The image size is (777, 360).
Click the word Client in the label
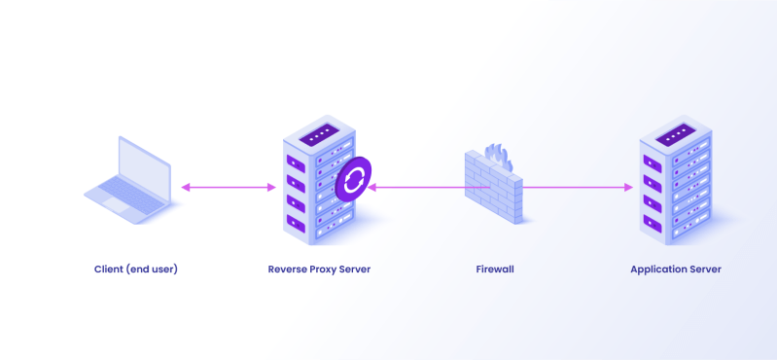click(110, 269)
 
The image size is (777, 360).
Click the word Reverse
click(289, 269)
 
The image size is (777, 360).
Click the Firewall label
click(495, 269)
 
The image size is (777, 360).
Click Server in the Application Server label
click(704, 269)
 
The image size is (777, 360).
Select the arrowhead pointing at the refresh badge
click(372, 187)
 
